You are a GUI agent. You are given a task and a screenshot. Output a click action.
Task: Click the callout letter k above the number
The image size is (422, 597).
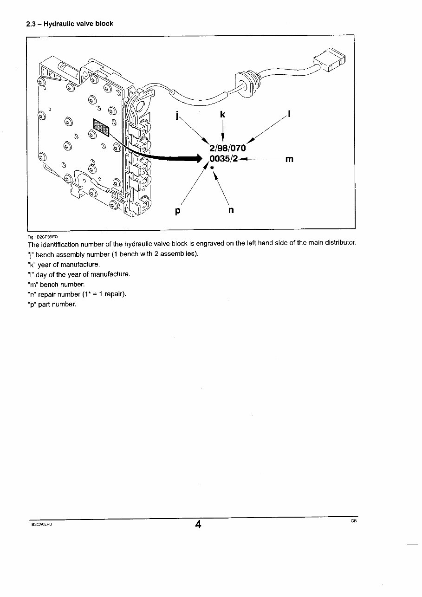point(223,114)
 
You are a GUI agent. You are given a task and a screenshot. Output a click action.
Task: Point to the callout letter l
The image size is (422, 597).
point(289,114)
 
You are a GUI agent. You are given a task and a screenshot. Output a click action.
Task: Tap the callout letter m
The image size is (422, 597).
point(289,159)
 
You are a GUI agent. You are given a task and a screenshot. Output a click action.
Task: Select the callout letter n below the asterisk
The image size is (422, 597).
point(231,210)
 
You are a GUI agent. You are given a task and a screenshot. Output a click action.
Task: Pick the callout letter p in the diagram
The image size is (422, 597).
point(177,211)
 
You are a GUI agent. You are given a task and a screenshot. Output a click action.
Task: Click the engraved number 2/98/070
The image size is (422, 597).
point(227,148)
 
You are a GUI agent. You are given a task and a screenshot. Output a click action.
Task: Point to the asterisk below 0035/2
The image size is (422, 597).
point(212,168)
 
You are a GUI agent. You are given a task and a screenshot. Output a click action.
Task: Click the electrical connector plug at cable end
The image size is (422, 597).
point(329,60)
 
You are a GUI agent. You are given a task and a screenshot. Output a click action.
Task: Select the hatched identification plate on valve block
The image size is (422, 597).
point(101,128)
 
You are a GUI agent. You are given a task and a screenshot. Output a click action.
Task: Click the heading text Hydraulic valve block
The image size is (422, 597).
point(78,24)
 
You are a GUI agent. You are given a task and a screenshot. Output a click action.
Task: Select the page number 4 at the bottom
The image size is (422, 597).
point(198,525)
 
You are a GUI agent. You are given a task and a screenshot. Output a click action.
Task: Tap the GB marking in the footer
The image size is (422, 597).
point(353,521)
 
